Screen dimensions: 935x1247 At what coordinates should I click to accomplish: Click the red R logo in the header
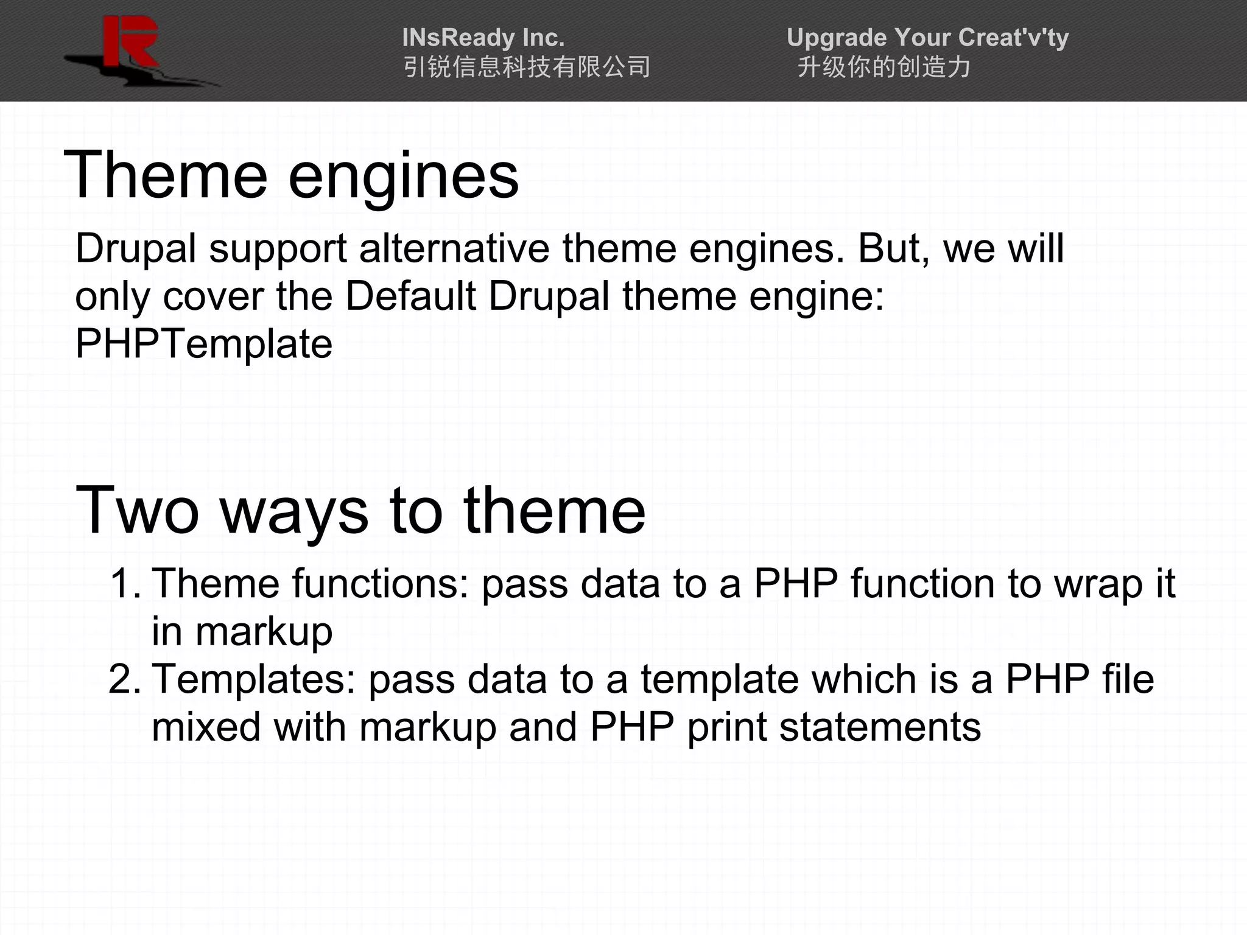130,43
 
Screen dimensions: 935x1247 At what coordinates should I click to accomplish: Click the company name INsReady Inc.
483,38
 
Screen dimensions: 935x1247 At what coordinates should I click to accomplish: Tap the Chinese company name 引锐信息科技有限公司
527,67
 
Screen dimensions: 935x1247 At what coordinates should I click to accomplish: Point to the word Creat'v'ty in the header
1003,38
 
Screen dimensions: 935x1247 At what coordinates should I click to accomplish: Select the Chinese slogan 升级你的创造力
884,67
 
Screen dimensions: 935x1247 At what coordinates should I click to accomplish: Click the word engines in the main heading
403,177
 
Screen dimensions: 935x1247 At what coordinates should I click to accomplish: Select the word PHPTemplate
204,345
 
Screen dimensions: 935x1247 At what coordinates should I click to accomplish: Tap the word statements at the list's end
880,727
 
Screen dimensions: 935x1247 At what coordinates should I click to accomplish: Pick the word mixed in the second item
206,727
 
